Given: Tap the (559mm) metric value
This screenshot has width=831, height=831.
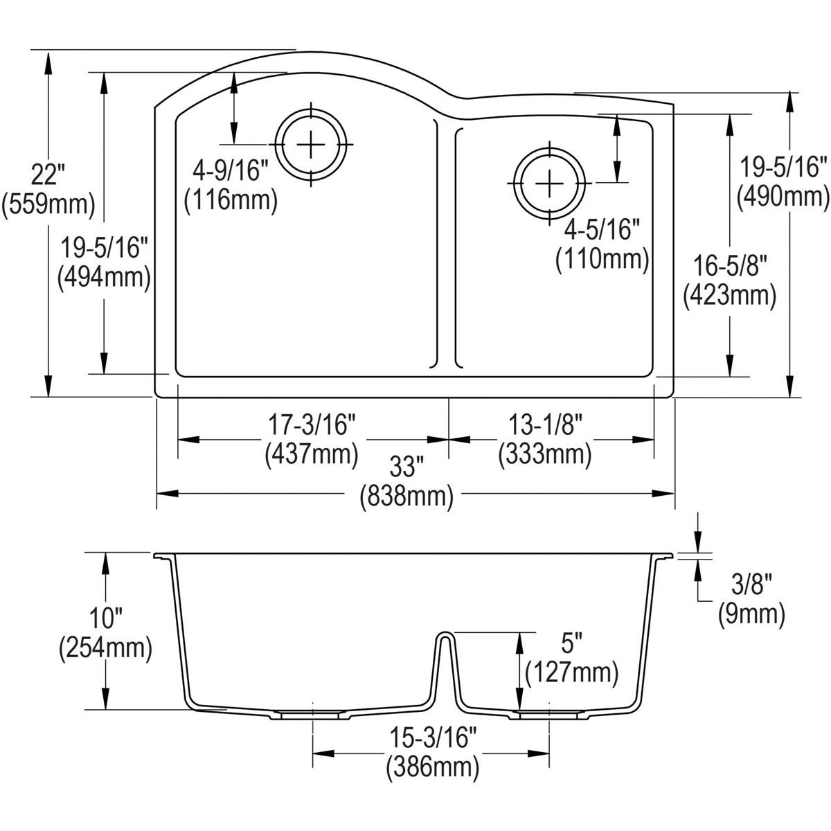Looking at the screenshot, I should pos(47,203).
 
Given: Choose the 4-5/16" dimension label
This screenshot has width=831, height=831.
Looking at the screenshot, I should pos(600,229).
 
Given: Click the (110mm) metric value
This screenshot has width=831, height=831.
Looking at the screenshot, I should pos(602,260).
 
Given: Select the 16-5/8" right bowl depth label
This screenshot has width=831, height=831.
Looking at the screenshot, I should pos(729,265).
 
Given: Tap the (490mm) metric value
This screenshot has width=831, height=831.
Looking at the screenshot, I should pos(783,198).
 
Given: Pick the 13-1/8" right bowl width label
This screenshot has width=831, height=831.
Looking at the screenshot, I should pos(544,424).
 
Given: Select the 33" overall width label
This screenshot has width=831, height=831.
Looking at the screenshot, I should pos(405,467).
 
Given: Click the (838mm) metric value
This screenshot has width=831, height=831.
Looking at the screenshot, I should pos(406,497).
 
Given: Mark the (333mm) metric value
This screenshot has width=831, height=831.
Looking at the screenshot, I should pos(544,454).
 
